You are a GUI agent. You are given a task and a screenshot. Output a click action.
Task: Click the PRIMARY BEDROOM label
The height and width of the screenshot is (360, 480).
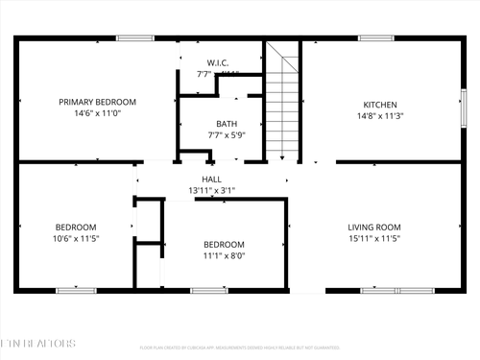(x=97, y=102)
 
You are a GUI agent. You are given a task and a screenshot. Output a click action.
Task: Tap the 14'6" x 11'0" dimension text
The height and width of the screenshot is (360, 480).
(x=97, y=113)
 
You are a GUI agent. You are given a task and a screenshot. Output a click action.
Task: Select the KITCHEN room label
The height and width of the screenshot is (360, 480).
(x=379, y=105)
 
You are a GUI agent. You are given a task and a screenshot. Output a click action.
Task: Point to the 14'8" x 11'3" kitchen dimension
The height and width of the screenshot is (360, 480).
(x=379, y=116)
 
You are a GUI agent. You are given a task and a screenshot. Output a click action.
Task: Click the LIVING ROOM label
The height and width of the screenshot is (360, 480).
(x=373, y=228)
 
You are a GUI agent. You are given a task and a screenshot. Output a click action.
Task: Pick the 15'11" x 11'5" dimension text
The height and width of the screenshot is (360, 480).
(x=373, y=239)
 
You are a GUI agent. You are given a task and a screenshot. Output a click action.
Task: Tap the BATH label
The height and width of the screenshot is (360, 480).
(x=227, y=124)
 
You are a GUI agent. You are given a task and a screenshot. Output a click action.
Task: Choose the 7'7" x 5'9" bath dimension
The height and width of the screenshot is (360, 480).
(x=227, y=135)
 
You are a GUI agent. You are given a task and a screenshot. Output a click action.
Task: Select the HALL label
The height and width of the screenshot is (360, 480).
(x=211, y=180)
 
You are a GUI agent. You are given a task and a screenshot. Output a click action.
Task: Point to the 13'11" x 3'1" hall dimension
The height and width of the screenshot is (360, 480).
(x=211, y=190)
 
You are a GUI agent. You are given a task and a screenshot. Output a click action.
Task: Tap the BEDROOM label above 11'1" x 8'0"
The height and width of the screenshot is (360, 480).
(x=223, y=245)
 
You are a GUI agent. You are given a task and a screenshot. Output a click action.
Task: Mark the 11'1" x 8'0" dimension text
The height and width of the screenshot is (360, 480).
(x=223, y=256)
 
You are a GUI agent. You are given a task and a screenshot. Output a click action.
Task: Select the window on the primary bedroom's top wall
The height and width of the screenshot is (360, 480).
(x=134, y=38)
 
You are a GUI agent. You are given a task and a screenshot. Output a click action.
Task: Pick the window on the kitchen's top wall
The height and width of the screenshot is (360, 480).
(x=377, y=38)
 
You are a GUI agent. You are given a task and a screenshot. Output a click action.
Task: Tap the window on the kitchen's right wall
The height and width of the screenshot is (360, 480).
(x=462, y=102)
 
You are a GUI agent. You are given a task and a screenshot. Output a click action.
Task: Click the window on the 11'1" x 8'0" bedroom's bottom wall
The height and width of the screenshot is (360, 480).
(x=207, y=290)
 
